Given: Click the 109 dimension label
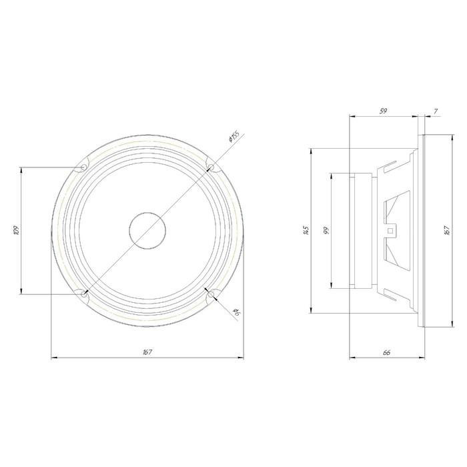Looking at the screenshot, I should coord(16,230).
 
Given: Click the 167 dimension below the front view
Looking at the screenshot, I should coord(148,352).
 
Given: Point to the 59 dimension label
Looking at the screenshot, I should coord(384,111).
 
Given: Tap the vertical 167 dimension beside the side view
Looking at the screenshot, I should coord(445,231).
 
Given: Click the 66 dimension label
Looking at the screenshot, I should coord(386,352).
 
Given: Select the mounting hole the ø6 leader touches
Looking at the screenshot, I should coord(211,295).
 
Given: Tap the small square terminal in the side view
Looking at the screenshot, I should coord(390,231).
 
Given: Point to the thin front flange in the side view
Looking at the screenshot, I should coord(421,231).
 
